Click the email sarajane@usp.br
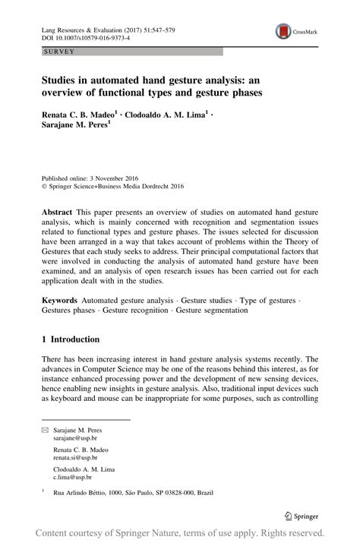coord(75,439)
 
